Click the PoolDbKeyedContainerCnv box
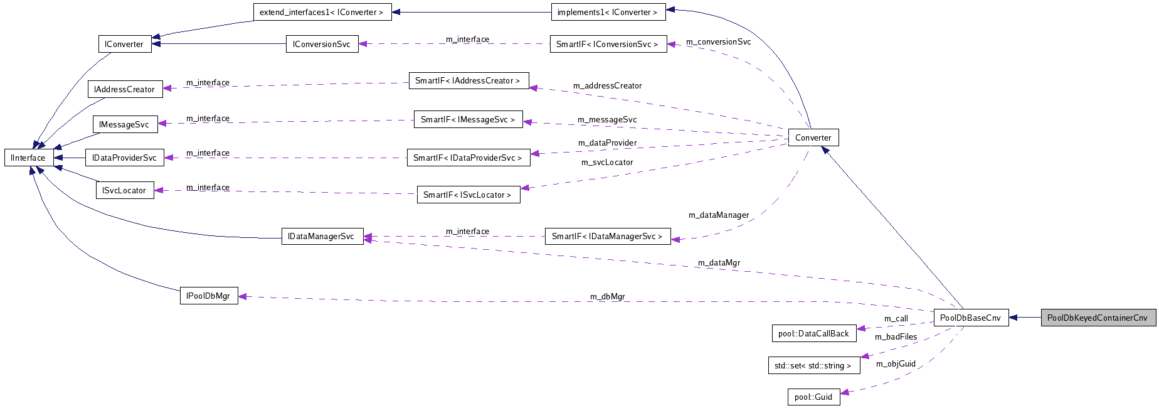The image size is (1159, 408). coord(1098,318)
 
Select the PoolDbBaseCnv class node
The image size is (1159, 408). coord(970,318)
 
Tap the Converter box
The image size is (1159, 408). coord(813,137)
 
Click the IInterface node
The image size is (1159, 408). coord(28,158)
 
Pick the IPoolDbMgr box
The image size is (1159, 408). coord(208,296)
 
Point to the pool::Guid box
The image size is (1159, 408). coord(813,397)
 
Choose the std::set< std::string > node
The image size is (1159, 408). coord(813,365)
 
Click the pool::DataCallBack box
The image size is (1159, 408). coord(813,333)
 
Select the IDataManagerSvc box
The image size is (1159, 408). coord(322,237)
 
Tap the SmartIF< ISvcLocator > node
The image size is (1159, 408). coord(468,195)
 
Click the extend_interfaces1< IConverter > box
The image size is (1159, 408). coord(322,12)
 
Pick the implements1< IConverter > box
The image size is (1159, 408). coord(607,12)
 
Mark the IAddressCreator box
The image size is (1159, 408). coord(124,89)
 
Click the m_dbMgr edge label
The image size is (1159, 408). coord(607,296)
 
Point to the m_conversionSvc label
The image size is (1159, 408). coord(718,42)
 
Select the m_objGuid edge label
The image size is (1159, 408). coord(896,363)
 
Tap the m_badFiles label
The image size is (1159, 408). coord(896,337)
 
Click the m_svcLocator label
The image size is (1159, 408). coord(606,163)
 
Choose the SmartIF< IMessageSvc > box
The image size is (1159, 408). coord(468,119)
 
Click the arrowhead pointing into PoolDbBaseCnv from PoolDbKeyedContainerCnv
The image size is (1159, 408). coord(1013,318)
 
